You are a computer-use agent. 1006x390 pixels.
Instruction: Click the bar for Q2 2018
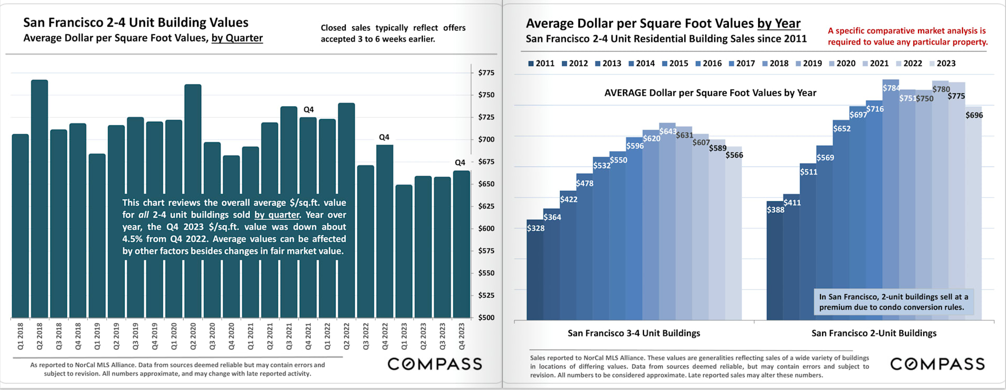[x=39, y=199]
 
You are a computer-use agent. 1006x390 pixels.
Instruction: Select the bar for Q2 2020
[x=193, y=201]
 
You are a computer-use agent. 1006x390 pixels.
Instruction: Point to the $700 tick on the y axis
[x=486, y=139]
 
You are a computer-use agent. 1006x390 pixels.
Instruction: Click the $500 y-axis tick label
[x=486, y=318]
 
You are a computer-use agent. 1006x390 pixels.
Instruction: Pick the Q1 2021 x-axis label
[x=250, y=336]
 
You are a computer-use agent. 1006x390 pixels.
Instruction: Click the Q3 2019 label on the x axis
[x=135, y=336]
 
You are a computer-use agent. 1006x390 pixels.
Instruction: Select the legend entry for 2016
[x=708, y=63]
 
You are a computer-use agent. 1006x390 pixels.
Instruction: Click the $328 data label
[x=535, y=228]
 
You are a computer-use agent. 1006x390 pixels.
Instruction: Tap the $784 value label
[x=891, y=88]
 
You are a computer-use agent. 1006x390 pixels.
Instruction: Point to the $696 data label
[x=974, y=115]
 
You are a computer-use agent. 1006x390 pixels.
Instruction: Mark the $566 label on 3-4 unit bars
[x=734, y=155]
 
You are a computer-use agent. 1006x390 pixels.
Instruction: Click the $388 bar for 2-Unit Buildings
[x=774, y=262]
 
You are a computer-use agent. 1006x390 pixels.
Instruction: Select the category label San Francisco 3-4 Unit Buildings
[x=633, y=333]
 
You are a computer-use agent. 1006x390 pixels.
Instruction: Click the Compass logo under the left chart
[x=434, y=364]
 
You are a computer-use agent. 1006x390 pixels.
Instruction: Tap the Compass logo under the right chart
[x=937, y=364]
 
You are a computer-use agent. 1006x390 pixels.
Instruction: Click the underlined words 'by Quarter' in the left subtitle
[x=237, y=38]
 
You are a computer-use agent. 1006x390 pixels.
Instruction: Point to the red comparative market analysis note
[x=907, y=36]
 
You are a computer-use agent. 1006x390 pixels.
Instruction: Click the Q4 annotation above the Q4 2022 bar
[x=384, y=137]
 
